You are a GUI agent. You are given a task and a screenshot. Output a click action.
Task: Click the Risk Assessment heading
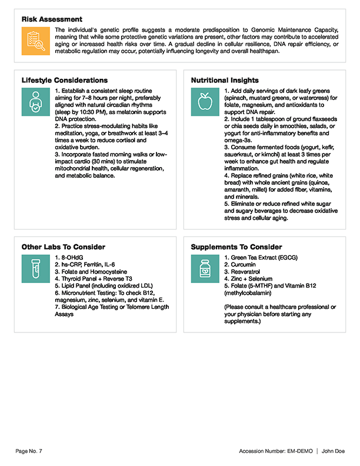click(52, 19)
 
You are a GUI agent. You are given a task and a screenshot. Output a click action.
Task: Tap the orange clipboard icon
click(36, 41)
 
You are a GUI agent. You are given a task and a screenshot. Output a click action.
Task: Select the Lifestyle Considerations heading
click(64, 80)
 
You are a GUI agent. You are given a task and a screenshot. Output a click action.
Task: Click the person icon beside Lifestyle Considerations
click(36, 101)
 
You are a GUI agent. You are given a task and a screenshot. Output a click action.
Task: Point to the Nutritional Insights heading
click(226, 80)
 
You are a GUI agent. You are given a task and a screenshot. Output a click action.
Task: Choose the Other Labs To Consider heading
click(63, 247)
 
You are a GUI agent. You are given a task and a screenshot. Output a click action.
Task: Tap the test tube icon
click(36, 268)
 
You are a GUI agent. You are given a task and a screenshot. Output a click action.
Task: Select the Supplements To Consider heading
click(236, 247)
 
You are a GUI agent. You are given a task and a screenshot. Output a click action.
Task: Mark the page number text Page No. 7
click(29, 451)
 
